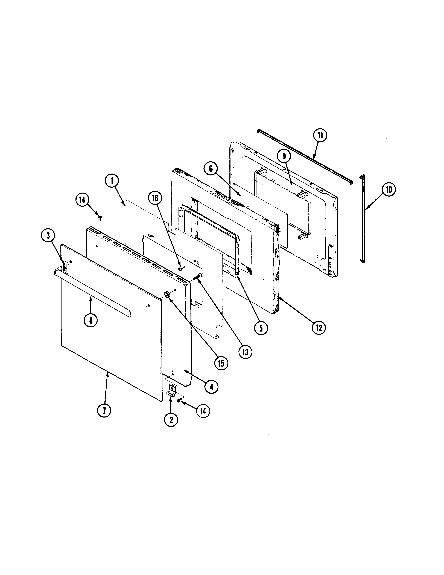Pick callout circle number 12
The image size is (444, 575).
point(319,328)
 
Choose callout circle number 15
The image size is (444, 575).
point(221,363)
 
